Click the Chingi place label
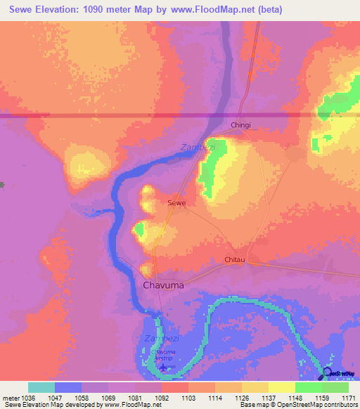(240, 125)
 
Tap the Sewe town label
(176, 202)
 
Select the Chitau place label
(234, 260)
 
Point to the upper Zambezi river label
(195, 148)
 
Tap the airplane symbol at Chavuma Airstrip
(164, 366)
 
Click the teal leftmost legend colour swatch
(41, 387)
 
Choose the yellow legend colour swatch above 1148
(281, 387)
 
